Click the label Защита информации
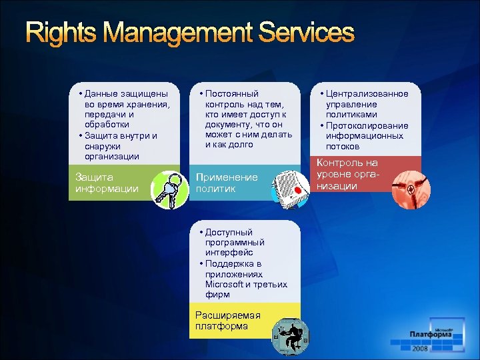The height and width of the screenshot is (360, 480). point(107,183)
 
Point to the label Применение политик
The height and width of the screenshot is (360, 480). point(226,183)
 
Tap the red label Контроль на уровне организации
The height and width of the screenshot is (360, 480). point(347,174)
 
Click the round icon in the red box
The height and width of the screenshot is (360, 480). point(409,188)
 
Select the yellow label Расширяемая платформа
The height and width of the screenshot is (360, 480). point(227,320)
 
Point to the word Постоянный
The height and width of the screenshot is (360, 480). point(232,94)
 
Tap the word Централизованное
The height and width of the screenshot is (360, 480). point(367,94)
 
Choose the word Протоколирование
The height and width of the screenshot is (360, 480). point(367,125)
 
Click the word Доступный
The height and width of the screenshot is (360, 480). point(229,232)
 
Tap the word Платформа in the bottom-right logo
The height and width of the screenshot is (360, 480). point(430,335)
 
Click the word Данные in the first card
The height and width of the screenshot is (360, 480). point(101,94)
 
